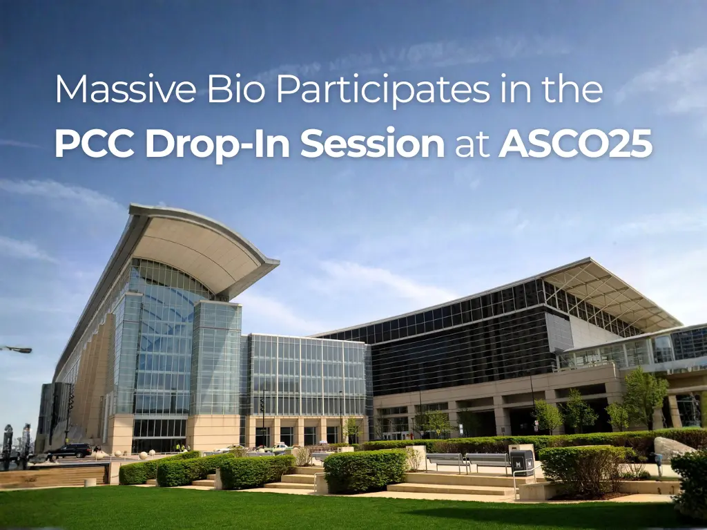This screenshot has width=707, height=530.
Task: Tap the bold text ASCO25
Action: (x=575, y=144)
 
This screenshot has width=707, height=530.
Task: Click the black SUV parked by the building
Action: (x=69, y=451)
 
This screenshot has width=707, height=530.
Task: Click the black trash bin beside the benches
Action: (x=521, y=462)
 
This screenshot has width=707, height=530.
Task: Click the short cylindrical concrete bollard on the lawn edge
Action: (x=90, y=482)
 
